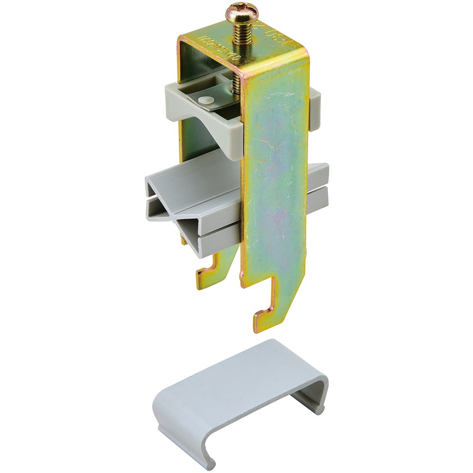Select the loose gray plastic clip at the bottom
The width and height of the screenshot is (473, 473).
[x=239, y=391]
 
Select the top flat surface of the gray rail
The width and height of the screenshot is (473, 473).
[x=195, y=176]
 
